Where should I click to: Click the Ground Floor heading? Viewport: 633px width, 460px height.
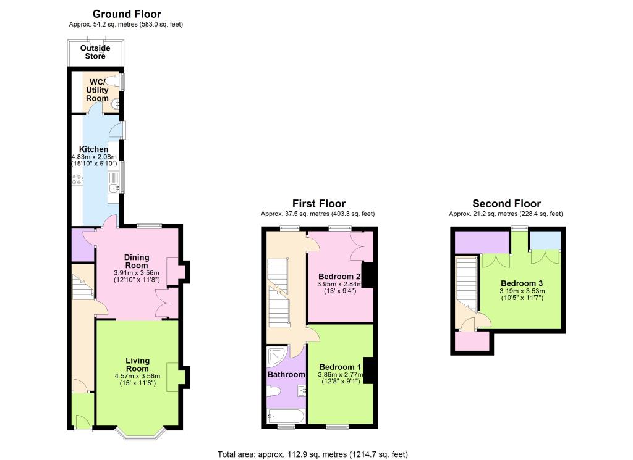[x=127, y=14]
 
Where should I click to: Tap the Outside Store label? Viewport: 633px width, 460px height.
[x=95, y=52]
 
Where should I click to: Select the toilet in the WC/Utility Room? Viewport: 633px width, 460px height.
[x=117, y=80]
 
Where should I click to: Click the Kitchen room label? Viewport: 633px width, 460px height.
[x=94, y=149]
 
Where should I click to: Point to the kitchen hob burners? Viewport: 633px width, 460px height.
[x=77, y=180]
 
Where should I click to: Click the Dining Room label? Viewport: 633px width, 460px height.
[x=137, y=261]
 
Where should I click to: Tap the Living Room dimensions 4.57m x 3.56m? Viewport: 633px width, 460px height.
[x=137, y=376]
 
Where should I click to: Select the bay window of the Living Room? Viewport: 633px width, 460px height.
[x=140, y=433]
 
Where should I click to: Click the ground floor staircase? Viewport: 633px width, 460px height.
[x=83, y=286]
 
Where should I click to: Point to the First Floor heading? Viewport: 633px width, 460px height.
[x=319, y=204]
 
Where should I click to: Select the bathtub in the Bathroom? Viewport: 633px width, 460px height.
[x=286, y=416]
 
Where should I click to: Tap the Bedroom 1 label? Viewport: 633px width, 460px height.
[x=340, y=367]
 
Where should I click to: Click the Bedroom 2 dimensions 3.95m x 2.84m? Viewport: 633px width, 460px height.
[x=340, y=284]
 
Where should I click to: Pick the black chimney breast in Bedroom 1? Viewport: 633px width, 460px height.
[x=368, y=370]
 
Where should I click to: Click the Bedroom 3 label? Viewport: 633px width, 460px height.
[x=522, y=283]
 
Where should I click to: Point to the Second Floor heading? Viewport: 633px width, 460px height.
[x=507, y=204]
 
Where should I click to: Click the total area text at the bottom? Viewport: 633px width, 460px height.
[x=313, y=454]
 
